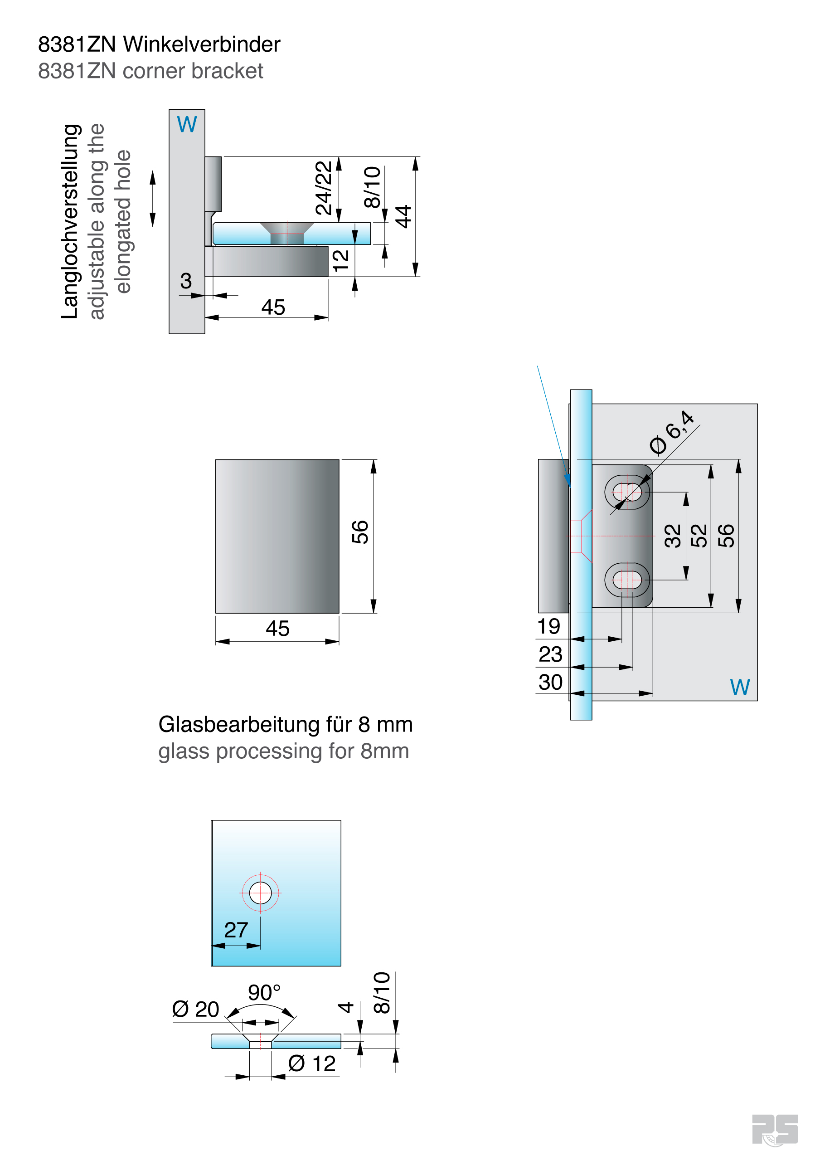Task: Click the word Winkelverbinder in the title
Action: [x=202, y=44]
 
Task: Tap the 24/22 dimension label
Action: [x=324, y=188]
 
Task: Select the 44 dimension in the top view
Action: [x=403, y=216]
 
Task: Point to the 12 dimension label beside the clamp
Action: [x=340, y=260]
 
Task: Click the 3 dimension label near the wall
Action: [x=186, y=281]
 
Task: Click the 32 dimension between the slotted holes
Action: [x=673, y=536]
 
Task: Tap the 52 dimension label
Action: [x=699, y=536]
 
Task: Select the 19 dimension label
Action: [x=548, y=626]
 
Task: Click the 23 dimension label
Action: [x=550, y=654]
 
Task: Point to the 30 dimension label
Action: [x=550, y=682]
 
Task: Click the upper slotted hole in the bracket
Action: [x=627, y=492]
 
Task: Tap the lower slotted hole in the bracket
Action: [x=627, y=580]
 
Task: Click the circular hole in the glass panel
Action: [x=260, y=893]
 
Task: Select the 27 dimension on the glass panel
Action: [x=236, y=930]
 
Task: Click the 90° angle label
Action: [x=264, y=993]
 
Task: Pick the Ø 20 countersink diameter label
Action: [x=196, y=1010]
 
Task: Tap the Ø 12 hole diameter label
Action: [x=312, y=1064]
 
